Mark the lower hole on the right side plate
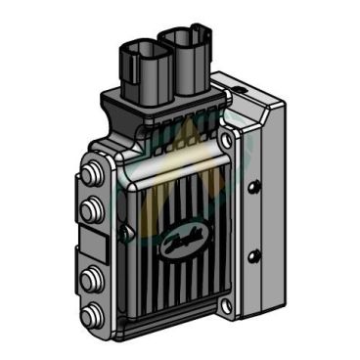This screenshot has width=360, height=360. (255, 256)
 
